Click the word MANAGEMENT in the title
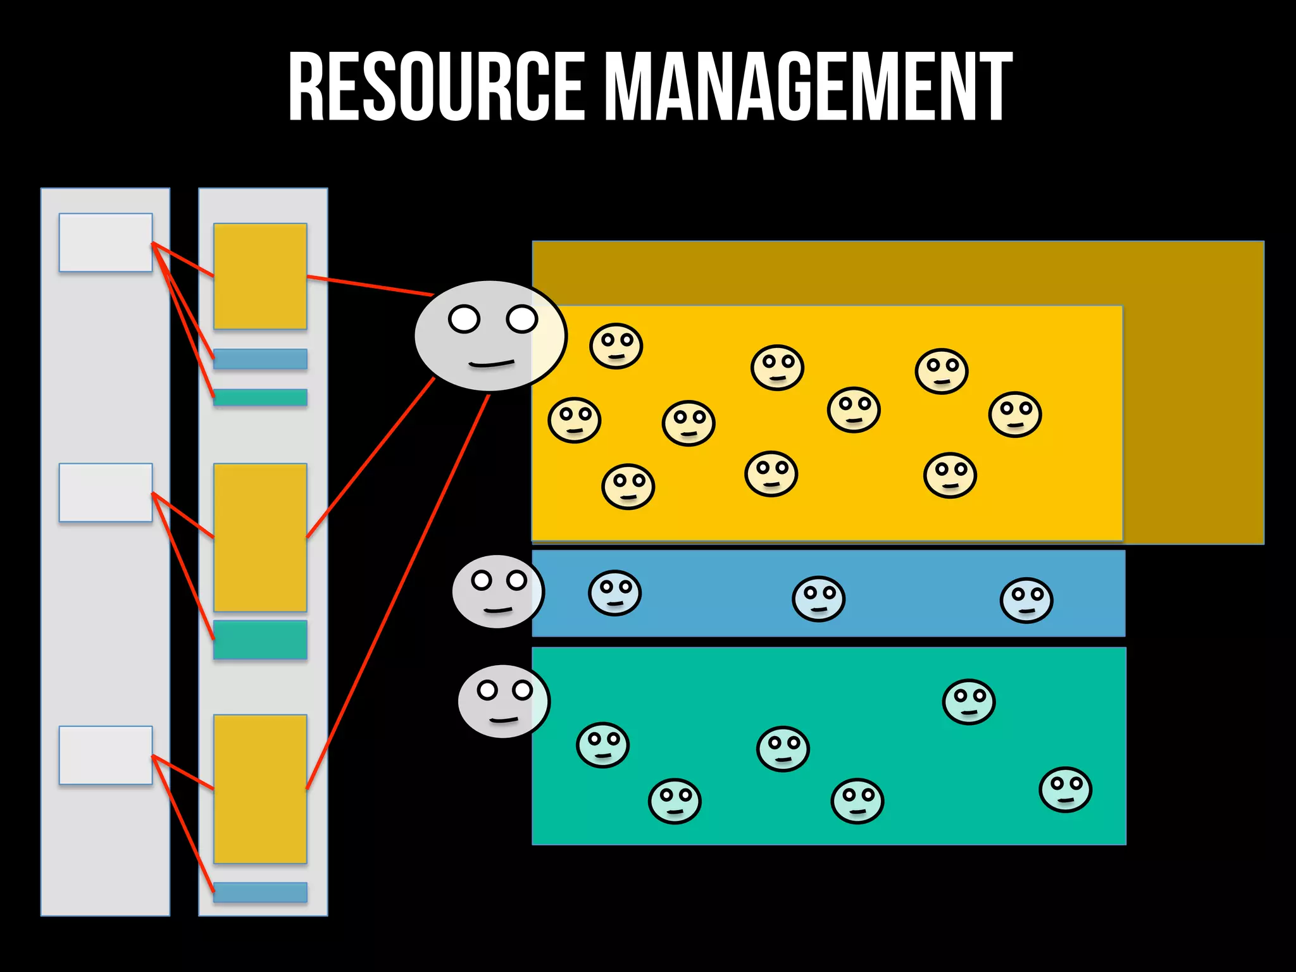pyautogui.click(x=809, y=87)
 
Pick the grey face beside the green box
pyautogui.click(x=504, y=701)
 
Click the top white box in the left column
pyautogui.click(x=106, y=242)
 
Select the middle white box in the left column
pyautogui.click(x=106, y=492)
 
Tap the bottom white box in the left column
pyautogui.click(x=106, y=755)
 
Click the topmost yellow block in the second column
pyautogui.click(x=260, y=276)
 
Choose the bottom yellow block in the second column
pyautogui.click(x=260, y=788)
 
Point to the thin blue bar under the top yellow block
pyautogui.click(x=260, y=359)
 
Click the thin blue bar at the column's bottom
pyautogui.click(x=260, y=892)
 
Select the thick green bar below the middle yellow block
pyautogui.click(x=260, y=640)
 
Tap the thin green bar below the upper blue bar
pyautogui.click(x=260, y=397)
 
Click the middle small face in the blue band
pyautogui.click(x=818, y=599)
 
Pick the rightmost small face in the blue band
pyautogui.click(x=1026, y=600)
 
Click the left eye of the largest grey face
pyautogui.click(x=464, y=318)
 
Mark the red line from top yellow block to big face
pyautogui.click(x=370, y=285)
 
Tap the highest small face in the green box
pyautogui.click(x=969, y=702)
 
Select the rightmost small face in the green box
pyautogui.click(x=1066, y=790)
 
